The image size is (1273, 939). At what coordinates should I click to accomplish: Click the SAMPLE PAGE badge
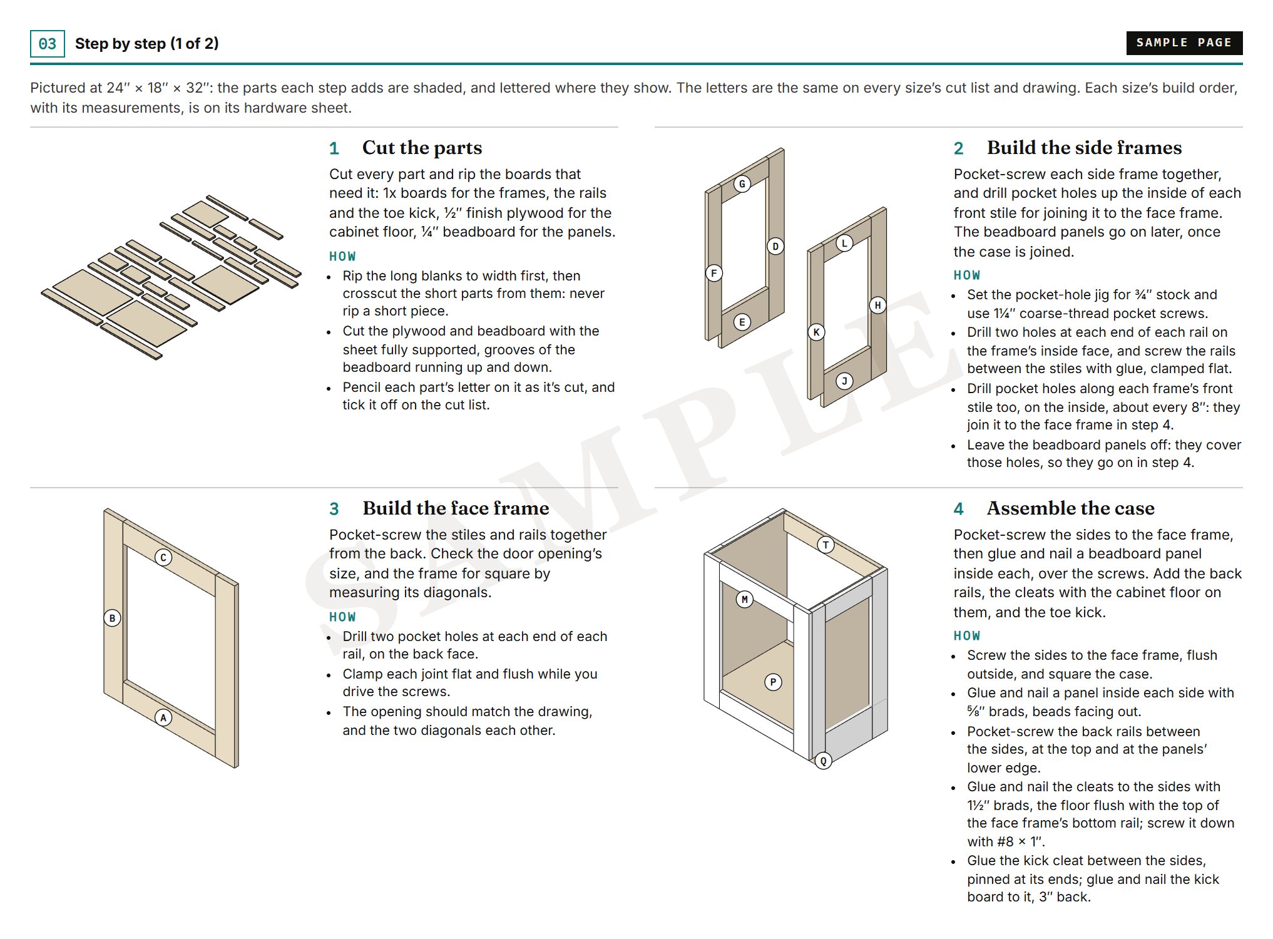(x=1184, y=43)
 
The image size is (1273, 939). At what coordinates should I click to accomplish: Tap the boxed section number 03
(x=48, y=44)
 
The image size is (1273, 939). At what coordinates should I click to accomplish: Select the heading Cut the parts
(x=422, y=148)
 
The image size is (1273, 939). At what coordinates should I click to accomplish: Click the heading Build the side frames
(x=1084, y=148)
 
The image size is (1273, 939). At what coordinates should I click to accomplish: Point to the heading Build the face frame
(x=456, y=508)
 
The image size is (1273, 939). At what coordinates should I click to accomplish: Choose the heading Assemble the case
(x=1070, y=508)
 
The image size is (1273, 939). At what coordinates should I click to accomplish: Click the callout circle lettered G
(x=742, y=184)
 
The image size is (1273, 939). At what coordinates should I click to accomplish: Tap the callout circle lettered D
(x=775, y=246)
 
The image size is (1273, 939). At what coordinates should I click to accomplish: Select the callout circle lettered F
(x=714, y=273)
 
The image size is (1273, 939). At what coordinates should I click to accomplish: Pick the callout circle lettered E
(x=742, y=322)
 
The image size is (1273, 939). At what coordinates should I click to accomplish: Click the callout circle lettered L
(x=844, y=243)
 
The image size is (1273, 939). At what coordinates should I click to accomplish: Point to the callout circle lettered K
(x=816, y=332)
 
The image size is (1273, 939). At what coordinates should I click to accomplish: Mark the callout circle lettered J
(x=844, y=381)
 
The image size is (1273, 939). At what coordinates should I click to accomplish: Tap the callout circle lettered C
(x=163, y=557)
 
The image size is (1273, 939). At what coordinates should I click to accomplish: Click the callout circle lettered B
(x=113, y=618)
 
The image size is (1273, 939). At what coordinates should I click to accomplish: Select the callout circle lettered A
(x=163, y=717)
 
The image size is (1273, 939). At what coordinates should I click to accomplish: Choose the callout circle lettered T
(x=826, y=545)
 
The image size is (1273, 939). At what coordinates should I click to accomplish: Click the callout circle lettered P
(x=774, y=682)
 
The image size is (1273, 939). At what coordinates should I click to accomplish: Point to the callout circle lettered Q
(x=824, y=761)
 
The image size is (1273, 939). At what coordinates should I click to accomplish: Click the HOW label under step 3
(x=342, y=617)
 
